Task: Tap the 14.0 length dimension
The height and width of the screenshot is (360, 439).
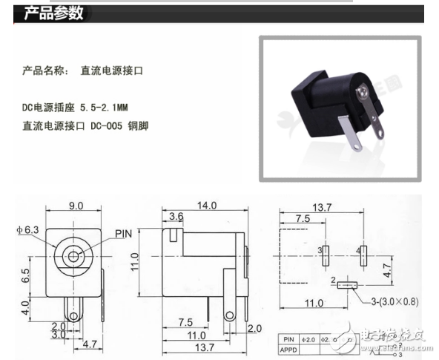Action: click(206, 206)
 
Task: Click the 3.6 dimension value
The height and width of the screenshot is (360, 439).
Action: click(176, 217)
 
